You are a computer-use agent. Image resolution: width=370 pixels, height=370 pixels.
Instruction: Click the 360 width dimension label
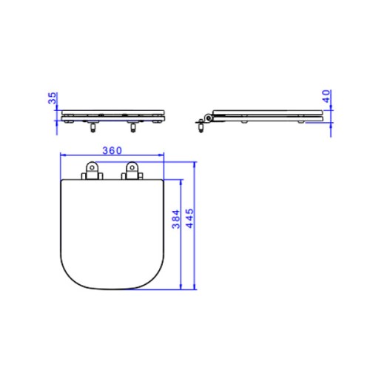coord(112,150)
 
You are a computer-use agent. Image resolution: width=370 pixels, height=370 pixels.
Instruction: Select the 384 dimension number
coord(176,219)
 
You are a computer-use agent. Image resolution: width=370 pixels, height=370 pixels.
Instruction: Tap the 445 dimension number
coord(189,218)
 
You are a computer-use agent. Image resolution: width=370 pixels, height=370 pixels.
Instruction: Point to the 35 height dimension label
coord(53,98)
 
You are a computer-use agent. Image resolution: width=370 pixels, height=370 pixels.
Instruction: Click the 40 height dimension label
coord(326,96)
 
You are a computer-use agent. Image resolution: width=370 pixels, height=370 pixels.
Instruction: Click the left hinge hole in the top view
coord(92,168)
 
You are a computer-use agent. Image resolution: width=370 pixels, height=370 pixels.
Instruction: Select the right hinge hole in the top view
coord(132,168)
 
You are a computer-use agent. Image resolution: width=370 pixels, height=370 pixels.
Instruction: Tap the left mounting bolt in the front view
coord(93,127)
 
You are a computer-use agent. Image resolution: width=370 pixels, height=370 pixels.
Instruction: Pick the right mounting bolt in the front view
coord(133,127)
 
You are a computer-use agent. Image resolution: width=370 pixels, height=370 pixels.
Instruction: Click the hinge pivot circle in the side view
coord(209,118)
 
